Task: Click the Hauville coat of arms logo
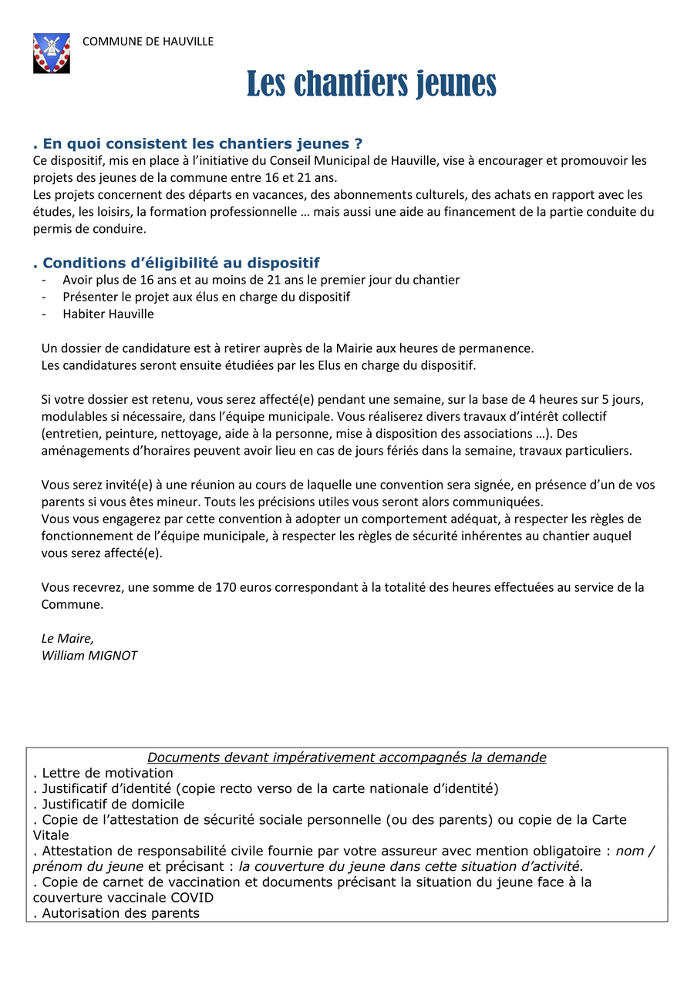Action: (52, 53)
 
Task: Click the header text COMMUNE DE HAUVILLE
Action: (148, 42)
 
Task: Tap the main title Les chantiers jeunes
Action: (371, 83)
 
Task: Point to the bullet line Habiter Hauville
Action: (108, 314)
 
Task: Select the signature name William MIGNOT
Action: (89, 656)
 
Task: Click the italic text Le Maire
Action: (67, 638)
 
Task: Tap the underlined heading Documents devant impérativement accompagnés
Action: (347, 758)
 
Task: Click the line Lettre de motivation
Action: (103, 773)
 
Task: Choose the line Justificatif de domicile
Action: (109, 804)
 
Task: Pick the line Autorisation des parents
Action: (116, 913)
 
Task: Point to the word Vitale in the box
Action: (51, 835)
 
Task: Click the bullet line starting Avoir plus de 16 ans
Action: (261, 280)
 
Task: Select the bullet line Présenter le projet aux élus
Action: (206, 297)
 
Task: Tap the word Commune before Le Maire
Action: (72, 604)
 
